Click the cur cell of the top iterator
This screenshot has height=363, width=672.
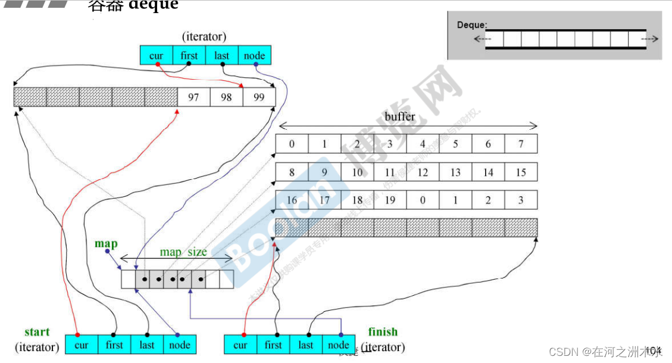pyautogui.click(x=156, y=56)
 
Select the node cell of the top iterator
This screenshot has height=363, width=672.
pyautogui.click(x=254, y=56)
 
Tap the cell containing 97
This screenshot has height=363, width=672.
pyautogui.click(x=193, y=97)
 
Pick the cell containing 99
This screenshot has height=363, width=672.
pyautogui.click(x=259, y=97)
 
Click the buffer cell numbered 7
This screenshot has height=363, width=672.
pyautogui.click(x=521, y=144)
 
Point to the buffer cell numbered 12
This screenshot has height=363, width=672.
pyautogui.click(x=423, y=173)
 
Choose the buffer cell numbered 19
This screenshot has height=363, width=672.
pyautogui.click(x=390, y=200)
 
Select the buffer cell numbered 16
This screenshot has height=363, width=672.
pyautogui.click(x=292, y=200)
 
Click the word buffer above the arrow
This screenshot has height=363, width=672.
pyautogui.click(x=400, y=117)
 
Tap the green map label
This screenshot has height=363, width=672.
pyautogui.click(x=106, y=244)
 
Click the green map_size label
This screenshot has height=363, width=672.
pyautogui.click(x=183, y=252)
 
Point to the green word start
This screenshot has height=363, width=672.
pyautogui.click(x=37, y=332)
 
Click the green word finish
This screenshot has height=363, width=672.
pyautogui.click(x=383, y=332)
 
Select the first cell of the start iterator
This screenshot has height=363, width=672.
pyautogui.click(x=114, y=345)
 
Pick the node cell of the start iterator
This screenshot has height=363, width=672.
pyautogui.click(x=180, y=345)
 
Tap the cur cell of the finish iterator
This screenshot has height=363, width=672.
pyautogui.click(x=240, y=345)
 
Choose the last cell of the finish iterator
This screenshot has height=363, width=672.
pyautogui.click(x=306, y=345)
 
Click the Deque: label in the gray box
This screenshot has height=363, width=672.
pyautogui.click(x=472, y=25)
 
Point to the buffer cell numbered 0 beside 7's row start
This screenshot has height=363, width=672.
pyautogui.click(x=292, y=144)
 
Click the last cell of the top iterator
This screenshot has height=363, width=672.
pyautogui.click(x=221, y=56)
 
